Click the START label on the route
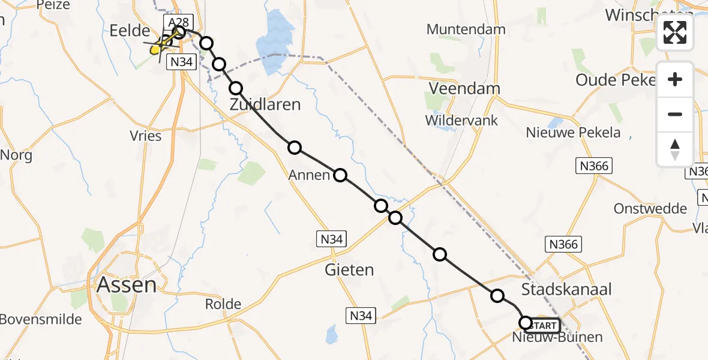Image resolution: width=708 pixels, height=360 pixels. (x=544, y=326)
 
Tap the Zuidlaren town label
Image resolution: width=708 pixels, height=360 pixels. (x=265, y=105)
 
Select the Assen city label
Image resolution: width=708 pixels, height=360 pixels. (x=126, y=284)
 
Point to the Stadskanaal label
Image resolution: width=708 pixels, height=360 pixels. (x=566, y=289)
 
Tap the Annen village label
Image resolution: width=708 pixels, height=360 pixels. (x=309, y=175)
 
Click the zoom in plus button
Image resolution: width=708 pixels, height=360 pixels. (x=675, y=79)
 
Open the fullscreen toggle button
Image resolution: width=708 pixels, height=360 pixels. (x=675, y=32)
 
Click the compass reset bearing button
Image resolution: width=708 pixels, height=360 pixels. (x=675, y=149)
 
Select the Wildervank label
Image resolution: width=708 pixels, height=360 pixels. (x=461, y=120)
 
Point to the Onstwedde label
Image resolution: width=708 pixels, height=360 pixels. (x=650, y=209)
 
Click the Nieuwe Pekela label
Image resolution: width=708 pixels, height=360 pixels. (x=573, y=133)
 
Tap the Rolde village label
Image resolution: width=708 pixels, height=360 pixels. (x=223, y=304)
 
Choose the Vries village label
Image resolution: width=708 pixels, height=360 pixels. (x=146, y=136)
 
